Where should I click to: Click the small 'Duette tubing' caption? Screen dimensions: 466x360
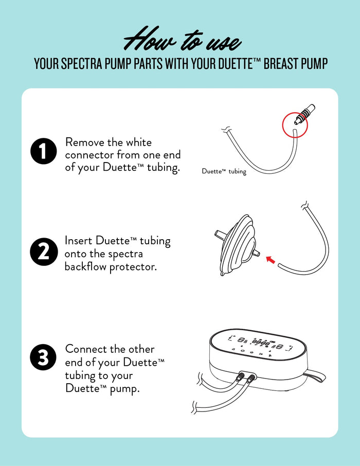(x=224, y=172)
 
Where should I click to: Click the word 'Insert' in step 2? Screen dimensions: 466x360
(x=78, y=241)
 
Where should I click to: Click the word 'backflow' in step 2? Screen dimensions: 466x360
(x=85, y=267)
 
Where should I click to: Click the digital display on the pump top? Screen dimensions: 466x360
(x=257, y=341)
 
